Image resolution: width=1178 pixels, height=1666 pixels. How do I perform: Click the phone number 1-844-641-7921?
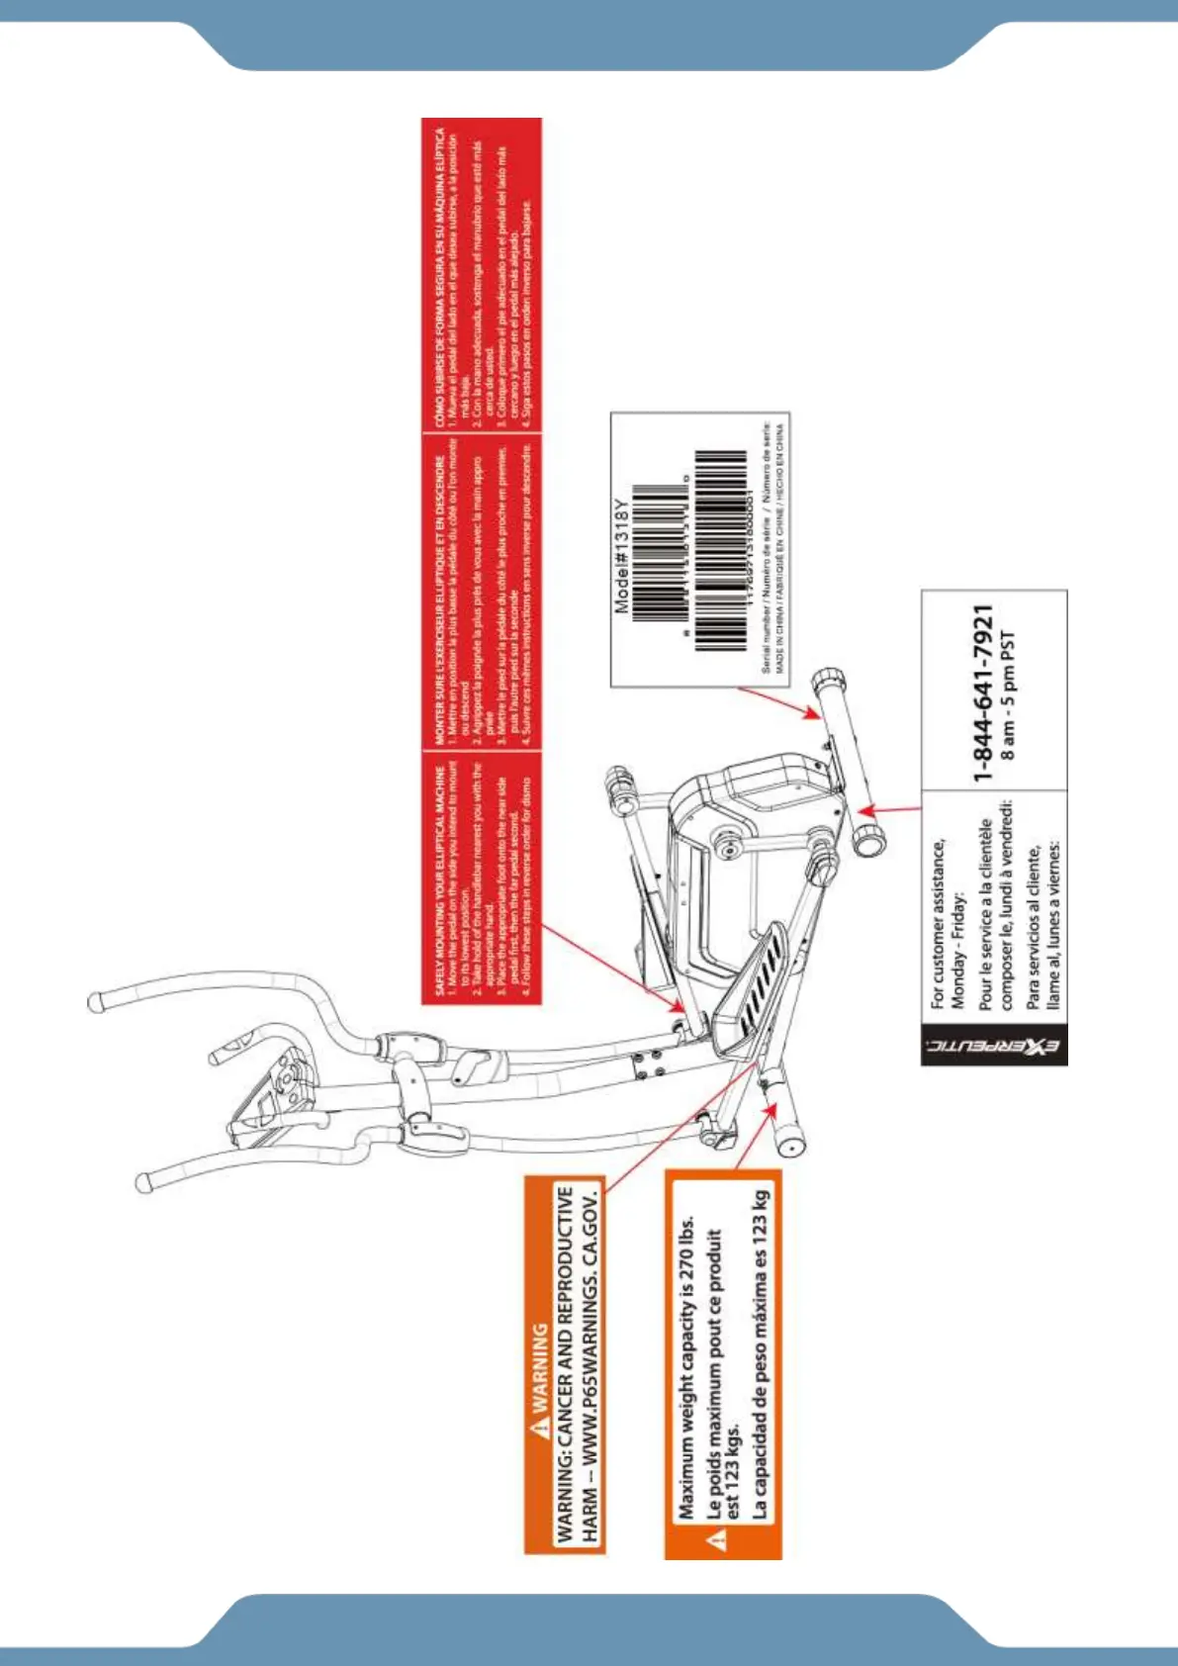click(982, 693)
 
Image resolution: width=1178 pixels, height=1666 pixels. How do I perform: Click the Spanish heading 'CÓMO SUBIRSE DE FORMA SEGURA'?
click(439, 277)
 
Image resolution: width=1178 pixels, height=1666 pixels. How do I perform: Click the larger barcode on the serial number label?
click(719, 550)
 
